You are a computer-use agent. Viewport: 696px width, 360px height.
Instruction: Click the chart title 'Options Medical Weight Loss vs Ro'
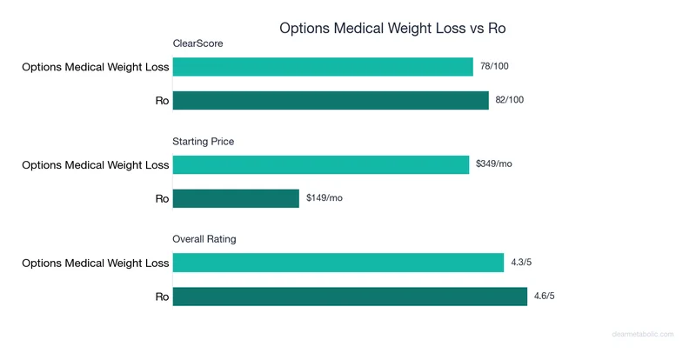(392, 28)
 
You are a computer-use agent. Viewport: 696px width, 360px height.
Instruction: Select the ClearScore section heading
(198, 43)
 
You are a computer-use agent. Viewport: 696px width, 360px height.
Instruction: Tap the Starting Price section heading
(204, 141)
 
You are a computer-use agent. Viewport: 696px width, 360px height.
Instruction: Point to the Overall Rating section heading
(204, 238)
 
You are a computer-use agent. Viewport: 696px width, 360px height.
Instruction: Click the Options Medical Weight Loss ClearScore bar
(323, 67)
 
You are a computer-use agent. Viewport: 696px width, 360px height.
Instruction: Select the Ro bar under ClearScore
(331, 100)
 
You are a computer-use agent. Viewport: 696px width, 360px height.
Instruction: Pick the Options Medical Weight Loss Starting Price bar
(321, 164)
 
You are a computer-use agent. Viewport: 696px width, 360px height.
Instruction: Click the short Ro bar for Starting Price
(236, 198)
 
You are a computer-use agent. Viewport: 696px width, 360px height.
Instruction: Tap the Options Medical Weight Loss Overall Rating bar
(338, 262)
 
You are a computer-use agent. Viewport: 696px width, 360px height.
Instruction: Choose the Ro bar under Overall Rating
(351, 296)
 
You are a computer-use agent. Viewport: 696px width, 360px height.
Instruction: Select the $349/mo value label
(494, 164)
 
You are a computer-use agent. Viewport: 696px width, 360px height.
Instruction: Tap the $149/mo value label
(325, 198)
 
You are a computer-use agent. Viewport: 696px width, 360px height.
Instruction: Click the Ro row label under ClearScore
(162, 101)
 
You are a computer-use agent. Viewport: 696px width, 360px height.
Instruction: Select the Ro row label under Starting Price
(162, 198)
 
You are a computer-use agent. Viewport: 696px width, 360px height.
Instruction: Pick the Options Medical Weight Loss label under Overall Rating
(96, 263)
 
